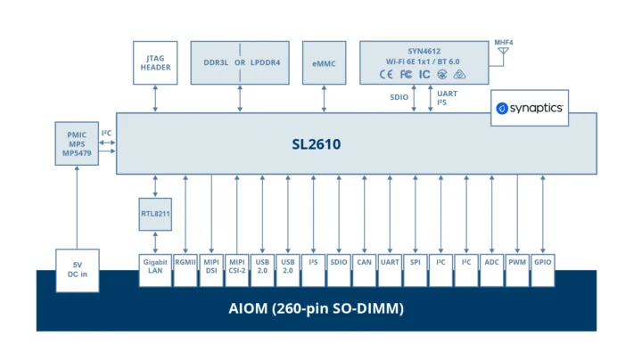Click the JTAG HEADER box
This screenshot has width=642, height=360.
coord(156,62)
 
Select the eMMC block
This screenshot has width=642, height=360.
coord(324,62)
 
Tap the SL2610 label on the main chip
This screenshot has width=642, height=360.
coord(317,143)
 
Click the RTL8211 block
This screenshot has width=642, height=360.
coord(156,213)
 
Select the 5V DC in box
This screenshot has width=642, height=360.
coord(77,269)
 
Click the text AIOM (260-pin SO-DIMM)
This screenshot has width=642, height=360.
coord(317,309)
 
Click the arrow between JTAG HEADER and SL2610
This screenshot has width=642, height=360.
coord(156,98)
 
